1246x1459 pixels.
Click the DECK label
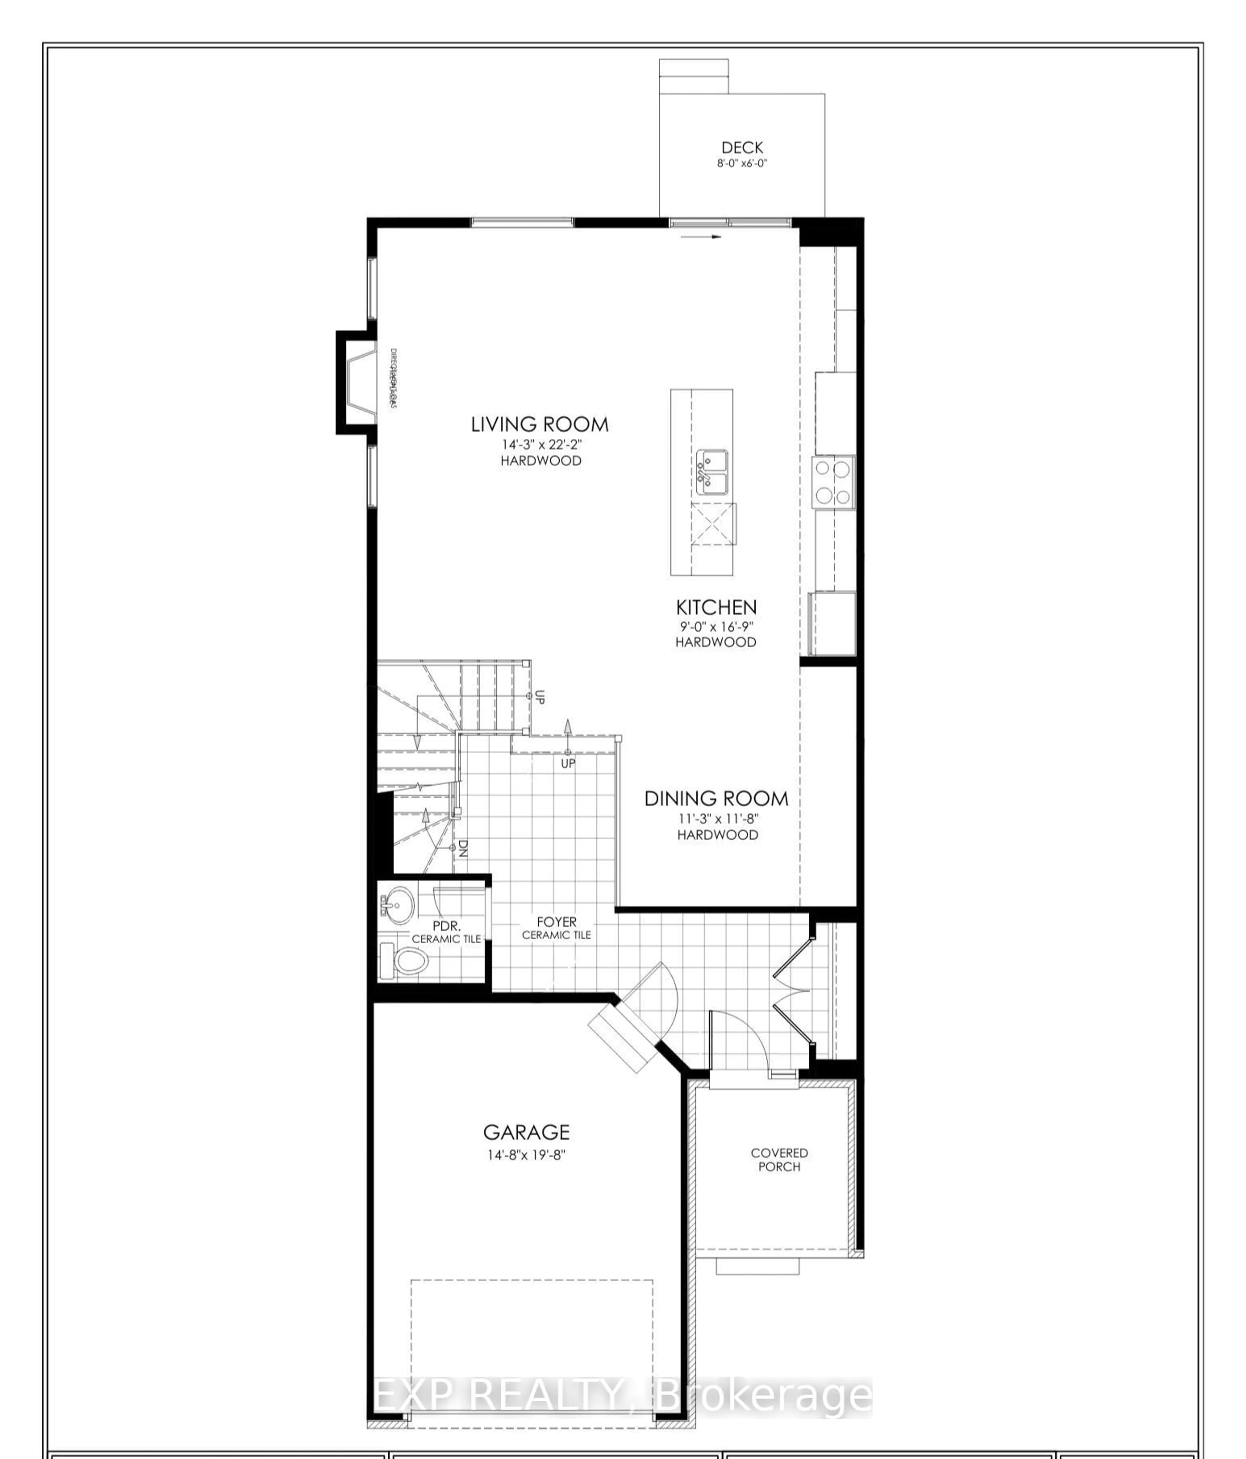742,147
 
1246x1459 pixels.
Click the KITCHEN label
716,607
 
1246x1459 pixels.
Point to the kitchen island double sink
713,472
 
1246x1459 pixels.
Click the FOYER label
556,922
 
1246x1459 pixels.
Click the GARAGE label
526,1132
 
